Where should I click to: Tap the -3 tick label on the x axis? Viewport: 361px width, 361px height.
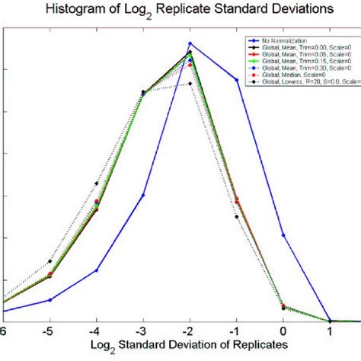[x=142, y=333]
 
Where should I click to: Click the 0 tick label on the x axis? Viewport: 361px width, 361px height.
[x=284, y=333]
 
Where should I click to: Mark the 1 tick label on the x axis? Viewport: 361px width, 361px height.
[x=331, y=333]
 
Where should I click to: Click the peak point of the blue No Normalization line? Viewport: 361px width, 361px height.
[x=190, y=43]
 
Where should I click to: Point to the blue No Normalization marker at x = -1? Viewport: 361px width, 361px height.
[x=237, y=79]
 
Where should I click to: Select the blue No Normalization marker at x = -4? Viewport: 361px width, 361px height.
[x=96, y=270]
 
